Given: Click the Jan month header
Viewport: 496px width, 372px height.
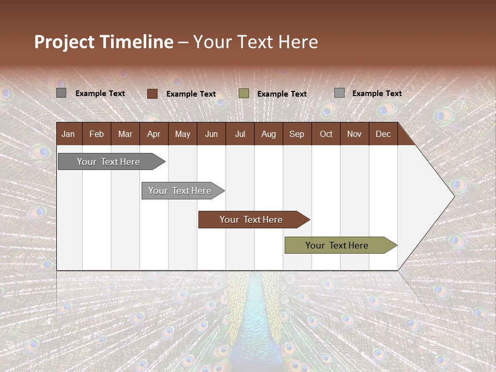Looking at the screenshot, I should point(68,134).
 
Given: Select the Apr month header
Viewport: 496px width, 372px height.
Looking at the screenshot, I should point(153,134).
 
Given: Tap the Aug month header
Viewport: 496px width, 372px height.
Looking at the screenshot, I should point(268,134).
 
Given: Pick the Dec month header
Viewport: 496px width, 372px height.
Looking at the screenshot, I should point(383,134).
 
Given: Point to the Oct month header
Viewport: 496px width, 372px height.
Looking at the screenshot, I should point(326,134).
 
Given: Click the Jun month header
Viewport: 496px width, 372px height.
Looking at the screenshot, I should point(211,134).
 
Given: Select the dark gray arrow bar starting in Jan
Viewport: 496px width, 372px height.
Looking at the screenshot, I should point(109,162).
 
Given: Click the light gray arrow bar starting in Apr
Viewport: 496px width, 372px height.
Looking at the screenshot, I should point(180,191).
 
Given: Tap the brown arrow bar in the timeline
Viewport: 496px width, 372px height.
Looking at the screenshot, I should point(251,220).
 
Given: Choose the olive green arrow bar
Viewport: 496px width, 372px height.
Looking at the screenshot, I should point(337,245).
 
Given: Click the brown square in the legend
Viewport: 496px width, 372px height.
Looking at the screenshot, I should point(152,94).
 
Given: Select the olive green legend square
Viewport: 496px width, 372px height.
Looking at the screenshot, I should point(244,93).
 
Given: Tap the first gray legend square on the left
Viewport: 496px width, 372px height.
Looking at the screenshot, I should point(61,93).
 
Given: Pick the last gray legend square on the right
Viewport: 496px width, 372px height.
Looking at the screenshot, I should point(339,93).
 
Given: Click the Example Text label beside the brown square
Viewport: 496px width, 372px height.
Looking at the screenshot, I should point(191,94).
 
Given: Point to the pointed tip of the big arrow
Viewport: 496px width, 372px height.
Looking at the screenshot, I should point(454,196).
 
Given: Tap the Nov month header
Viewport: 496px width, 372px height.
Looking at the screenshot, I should point(354,134).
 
